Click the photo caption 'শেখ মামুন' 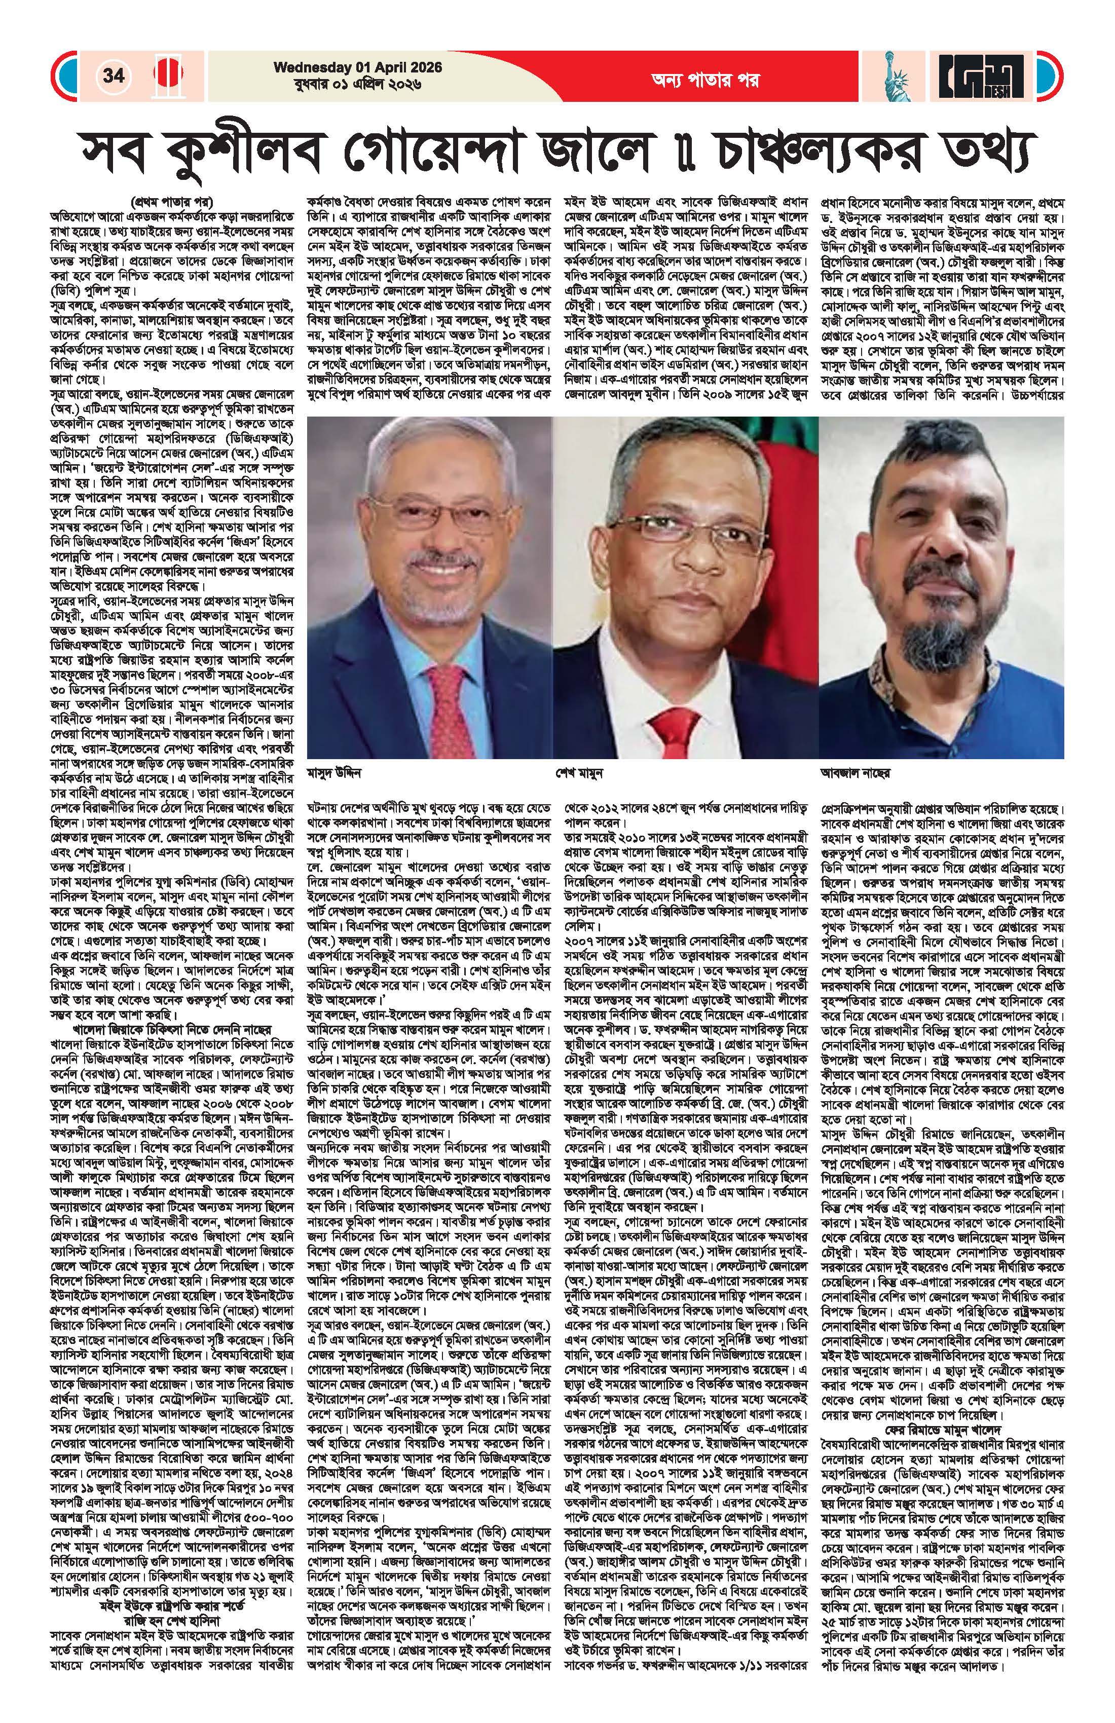(590, 772)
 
